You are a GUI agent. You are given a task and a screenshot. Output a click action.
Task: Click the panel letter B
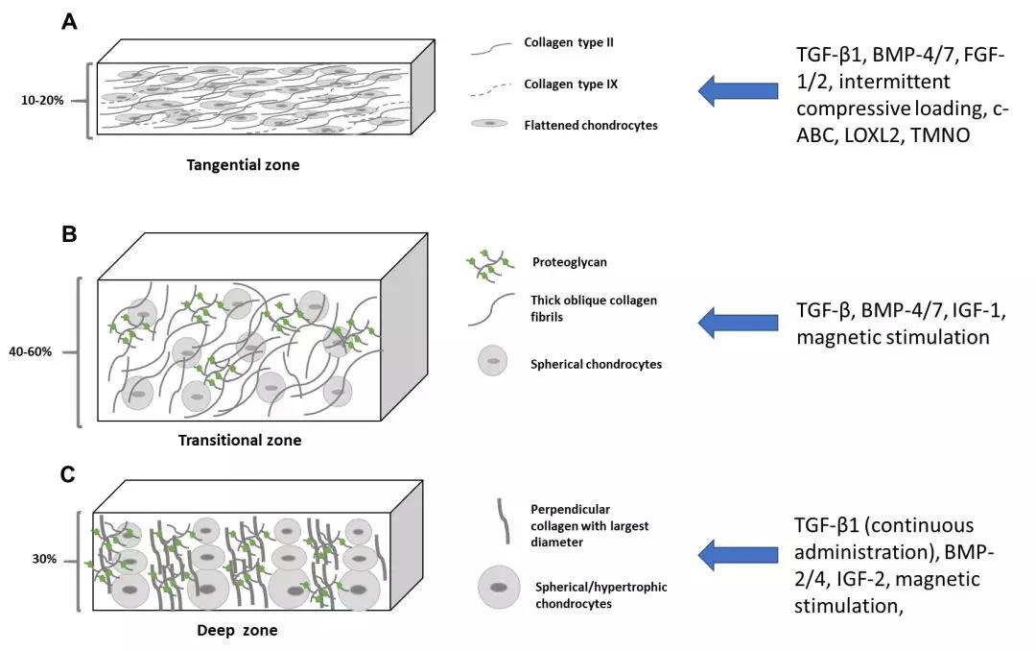point(69,233)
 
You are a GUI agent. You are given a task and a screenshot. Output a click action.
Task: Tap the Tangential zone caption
point(243,164)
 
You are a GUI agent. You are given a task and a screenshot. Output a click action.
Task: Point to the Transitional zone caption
point(240,440)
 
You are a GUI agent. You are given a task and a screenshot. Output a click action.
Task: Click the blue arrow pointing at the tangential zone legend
point(738,91)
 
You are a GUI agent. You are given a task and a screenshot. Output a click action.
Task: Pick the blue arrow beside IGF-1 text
point(738,323)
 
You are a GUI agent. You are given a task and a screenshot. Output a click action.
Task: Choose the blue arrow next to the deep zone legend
point(738,552)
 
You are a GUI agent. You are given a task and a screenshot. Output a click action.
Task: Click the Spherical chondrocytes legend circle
point(492,361)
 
